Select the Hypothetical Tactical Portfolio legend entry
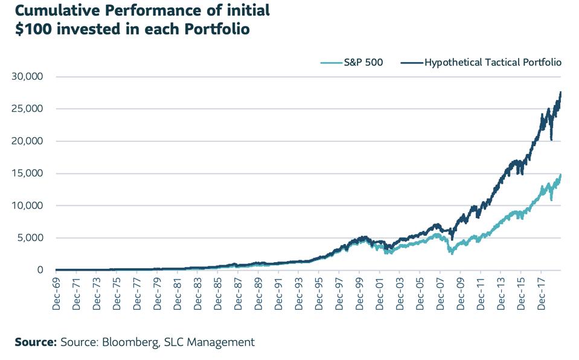click(x=493, y=62)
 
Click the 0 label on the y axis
click(x=40, y=270)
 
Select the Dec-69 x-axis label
click(x=56, y=294)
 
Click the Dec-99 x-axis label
click(x=359, y=294)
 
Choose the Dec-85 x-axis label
click(x=218, y=294)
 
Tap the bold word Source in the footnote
click(x=35, y=342)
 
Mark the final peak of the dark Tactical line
click(x=561, y=92)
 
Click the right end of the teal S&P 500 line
click(x=561, y=175)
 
